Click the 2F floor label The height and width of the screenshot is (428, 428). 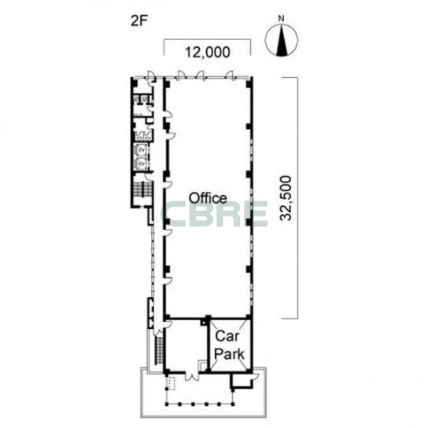(x=139, y=21)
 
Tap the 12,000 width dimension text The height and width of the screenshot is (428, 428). (x=208, y=52)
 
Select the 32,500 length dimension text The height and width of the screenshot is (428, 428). (x=286, y=198)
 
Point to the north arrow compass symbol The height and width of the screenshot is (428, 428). (x=281, y=40)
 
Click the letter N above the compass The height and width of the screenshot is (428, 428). (x=281, y=19)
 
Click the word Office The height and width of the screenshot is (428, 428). (x=208, y=198)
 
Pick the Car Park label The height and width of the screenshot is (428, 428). (x=229, y=345)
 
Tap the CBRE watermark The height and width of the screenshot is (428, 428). (x=215, y=214)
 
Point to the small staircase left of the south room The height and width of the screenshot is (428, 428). (x=160, y=349)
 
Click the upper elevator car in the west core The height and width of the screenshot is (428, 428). (x=142, y=149)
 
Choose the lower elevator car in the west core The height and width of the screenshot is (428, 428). (x=142, y=163)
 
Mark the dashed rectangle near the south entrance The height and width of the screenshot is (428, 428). (x=172, y=383)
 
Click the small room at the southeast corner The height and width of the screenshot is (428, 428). (x=241, y=380)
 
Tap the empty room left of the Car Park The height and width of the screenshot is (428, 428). (x=186, y=345)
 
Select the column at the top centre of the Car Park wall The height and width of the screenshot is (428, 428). (x=208, y=318)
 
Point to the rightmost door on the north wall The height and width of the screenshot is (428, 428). (x=231, y=75)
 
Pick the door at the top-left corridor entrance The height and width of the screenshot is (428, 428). (x=150, y=76)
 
